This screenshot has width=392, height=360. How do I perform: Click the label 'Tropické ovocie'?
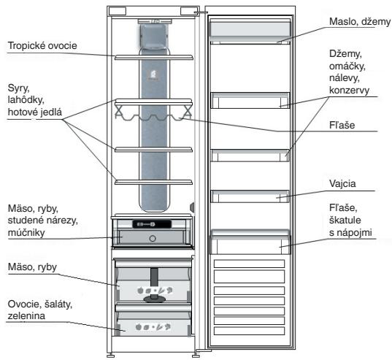tap(42, 46)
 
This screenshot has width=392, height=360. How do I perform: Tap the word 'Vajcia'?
tap(342, 184)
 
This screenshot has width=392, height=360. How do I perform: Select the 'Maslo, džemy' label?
tap(360, 22)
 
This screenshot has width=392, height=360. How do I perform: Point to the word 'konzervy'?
tap(349, 91)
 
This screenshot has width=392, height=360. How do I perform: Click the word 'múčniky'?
tap(26, 233)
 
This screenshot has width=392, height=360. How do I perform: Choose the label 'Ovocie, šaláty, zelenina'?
tap(40, 310)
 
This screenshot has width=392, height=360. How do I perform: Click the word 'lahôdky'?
tap(26, 100)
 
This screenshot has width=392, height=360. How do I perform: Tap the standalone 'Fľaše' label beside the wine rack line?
tap(342, 126)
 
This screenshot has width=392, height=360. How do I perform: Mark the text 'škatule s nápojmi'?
tap(350, 226)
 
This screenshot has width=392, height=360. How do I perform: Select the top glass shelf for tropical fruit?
tap(154, 58)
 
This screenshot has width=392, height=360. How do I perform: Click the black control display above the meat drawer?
tap(152, 224)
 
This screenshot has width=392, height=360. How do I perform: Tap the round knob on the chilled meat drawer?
tap(153, 239)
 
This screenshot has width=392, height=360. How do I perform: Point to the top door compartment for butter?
tap(250, 31)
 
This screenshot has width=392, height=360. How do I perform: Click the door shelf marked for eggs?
tap(250, 196)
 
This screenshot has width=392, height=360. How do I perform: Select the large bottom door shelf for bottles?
tap(250, 242)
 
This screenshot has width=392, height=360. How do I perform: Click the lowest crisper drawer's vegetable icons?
tap(153, 326)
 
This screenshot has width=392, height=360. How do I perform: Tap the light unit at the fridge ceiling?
tap(154, 22)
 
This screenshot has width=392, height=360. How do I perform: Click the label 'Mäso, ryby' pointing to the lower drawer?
tap(32, 267)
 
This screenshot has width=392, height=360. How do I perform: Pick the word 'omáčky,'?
tap(347, 66)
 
